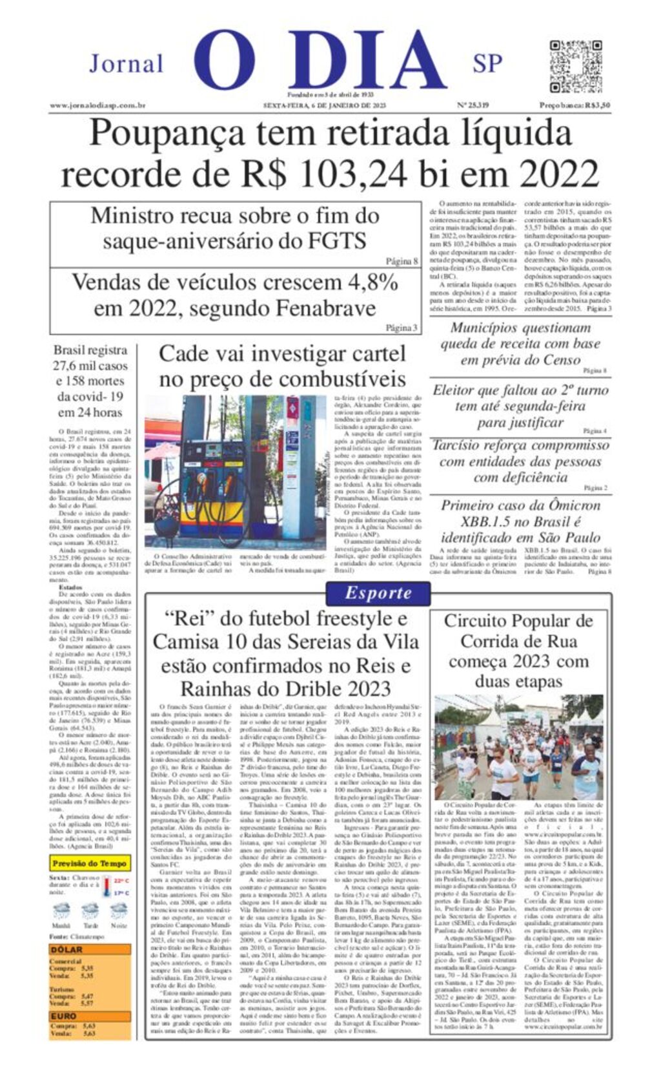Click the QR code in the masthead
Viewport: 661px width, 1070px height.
(575, 67)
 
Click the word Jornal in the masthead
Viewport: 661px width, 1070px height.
(126, 64)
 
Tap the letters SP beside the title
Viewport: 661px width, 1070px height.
(487, 63)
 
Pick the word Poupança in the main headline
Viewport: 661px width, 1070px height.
(167, 134)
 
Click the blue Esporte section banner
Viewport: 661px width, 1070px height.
(378, 593)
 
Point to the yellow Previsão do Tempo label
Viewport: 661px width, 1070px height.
(89, 863)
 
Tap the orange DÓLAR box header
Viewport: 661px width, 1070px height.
(67, 949)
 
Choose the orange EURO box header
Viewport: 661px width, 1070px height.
(64, 1016)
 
